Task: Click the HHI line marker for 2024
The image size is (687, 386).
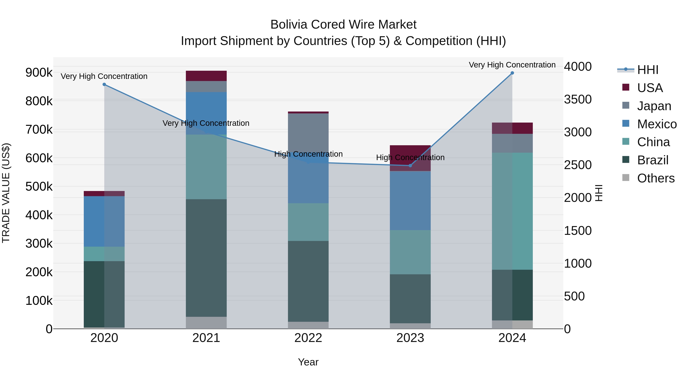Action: pos(512,73)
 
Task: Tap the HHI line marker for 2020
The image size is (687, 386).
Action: pos(104,84)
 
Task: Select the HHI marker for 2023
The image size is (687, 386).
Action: pos(410,166)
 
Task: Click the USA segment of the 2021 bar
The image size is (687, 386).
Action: pos(206,76)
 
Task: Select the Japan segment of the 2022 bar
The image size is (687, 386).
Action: pos(308,133)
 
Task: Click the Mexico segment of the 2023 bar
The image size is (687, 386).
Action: pos(410,200)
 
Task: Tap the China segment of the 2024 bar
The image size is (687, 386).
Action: pos(512,211)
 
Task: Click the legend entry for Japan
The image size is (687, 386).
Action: pos(654,106)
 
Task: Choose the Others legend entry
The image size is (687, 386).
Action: pos(656,178)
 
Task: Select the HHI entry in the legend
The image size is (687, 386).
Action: pos(647,70)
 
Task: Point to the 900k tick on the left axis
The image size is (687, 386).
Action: pos(39,72)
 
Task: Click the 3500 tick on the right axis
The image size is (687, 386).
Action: pos(578,99)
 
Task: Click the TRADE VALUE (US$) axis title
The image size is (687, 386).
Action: pos(6,193)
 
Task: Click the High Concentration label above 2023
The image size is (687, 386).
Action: pos(410,157)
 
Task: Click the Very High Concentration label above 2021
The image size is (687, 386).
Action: pos(206,123)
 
